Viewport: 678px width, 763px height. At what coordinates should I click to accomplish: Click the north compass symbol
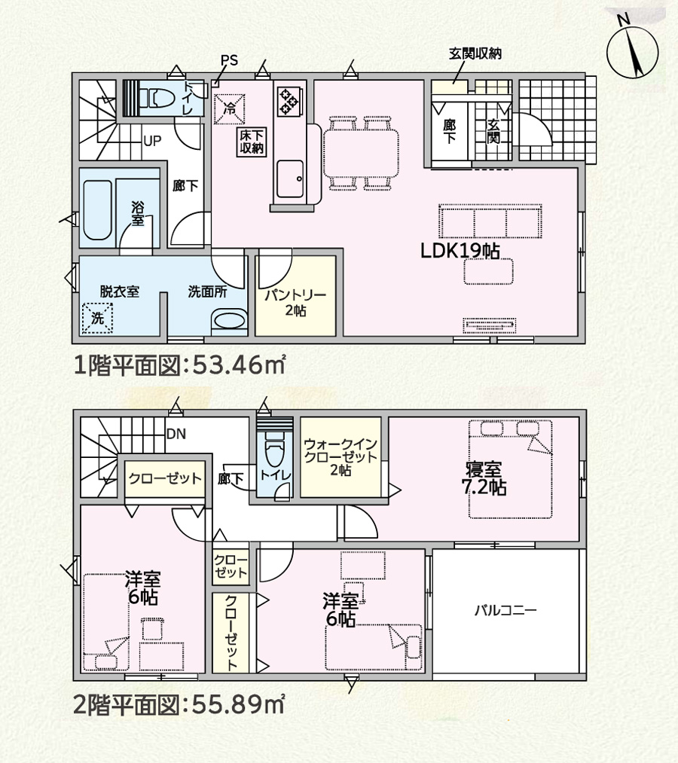[x=632, y=51]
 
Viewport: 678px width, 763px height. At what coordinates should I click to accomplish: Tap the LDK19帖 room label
[x=460, y=251]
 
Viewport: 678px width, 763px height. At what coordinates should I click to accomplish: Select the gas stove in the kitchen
[x=289, y=101]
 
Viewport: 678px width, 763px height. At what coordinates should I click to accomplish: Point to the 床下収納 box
[x=252, y=142]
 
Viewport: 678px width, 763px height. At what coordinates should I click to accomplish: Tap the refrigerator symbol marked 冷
[x=229, y=108]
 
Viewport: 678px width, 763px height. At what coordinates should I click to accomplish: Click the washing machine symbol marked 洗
[x=98, y=319]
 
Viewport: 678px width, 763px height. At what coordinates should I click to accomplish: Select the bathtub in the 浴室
[x=98, y=210]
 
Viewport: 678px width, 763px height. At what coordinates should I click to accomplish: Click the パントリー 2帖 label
[x=295, y=303]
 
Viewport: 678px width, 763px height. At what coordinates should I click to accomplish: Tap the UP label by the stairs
[x=152, y=141]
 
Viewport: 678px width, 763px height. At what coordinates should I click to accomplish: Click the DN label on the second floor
[x=176, y=434]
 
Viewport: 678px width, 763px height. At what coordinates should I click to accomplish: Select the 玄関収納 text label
[x=475, y=53]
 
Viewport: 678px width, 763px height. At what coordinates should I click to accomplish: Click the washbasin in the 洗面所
[x=229, y=321]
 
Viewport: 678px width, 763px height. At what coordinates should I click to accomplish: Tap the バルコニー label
[x=505, y=610]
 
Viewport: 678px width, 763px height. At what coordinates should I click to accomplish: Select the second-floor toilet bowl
[x=273, y=453]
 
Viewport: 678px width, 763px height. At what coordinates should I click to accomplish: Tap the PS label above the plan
[x=229, y=60]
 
